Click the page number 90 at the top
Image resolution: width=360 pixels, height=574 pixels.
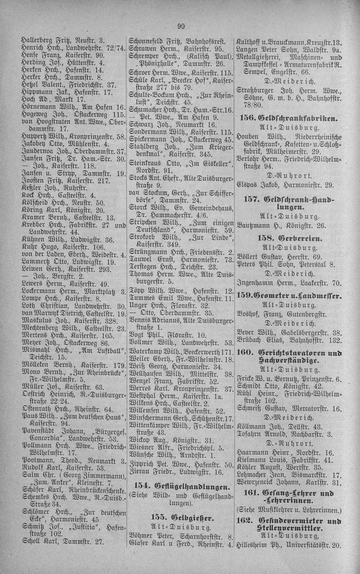pos(181,26)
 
